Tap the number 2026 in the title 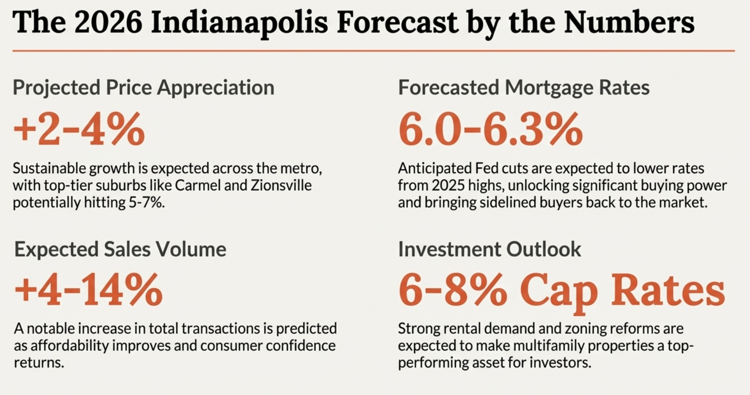(108, 23)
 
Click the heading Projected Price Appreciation (143, 88)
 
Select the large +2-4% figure (79, 129)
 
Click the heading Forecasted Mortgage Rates (523, 88)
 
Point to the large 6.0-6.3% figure (490, 129)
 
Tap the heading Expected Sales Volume (120, 249)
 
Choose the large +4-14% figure (88, 290)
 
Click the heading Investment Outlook (489, 249)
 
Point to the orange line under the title (373, 51)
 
